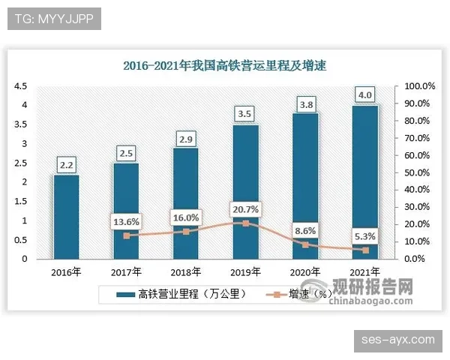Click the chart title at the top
[x=224, y=66]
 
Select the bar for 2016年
[x=67, y=217]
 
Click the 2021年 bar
[x=365, y=180]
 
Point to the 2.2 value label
[x=67, y=164]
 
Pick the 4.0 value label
[x=366, y=95]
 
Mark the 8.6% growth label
[x=304, y=230]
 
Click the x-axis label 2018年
[x=187, y=271]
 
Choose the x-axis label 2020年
[x=304, y=271]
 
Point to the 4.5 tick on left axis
[x=20, y=86]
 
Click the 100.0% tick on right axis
[x=416, y=86]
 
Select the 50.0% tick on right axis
[x=416, y=172]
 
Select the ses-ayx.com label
[x=397, y=340]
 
